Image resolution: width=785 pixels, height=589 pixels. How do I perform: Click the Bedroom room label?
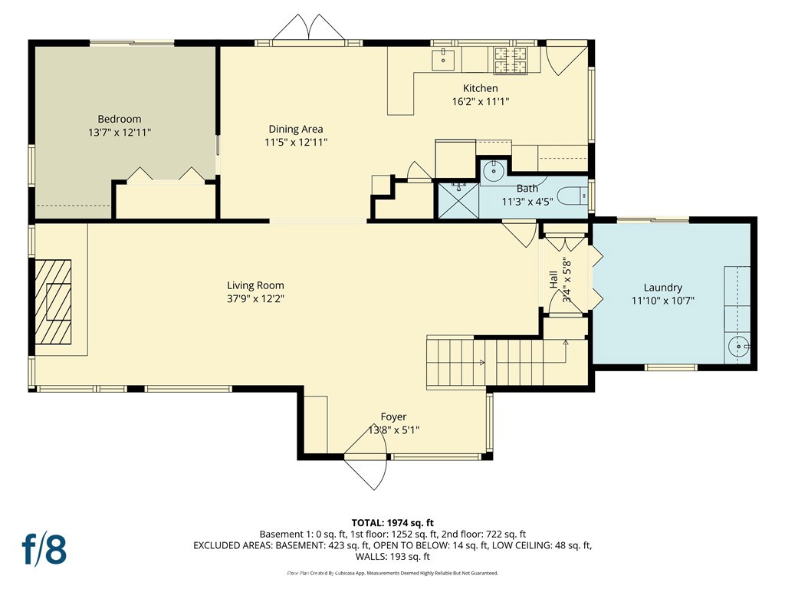[x=119, y=119]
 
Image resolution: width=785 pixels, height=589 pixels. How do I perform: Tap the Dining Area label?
[x=296, y=129]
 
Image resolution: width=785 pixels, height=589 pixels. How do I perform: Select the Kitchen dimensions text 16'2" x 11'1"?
[x=481, y=102]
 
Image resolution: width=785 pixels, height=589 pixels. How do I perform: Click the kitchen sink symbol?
[x=443, y=60]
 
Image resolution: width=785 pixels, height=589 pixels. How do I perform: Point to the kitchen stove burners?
[x=511, y=61]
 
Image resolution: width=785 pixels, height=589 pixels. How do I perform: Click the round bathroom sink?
[x=493, y=171]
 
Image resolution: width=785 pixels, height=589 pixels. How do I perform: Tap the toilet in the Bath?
[x=573, y=196]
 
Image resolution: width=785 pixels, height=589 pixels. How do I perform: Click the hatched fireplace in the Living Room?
[x=53, y=302]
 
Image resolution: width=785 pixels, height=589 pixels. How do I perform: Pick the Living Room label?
[x=255, y=285]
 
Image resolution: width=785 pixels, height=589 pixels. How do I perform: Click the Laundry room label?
[x=663, y=288]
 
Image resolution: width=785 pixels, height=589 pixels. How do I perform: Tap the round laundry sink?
[x=738, y=346]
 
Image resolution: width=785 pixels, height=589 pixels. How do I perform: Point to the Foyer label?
[x=393, y=416]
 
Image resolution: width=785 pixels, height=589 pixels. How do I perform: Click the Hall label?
[x=553, y=279]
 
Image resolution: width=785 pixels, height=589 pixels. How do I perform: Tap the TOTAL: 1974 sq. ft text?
[x=392, y=523]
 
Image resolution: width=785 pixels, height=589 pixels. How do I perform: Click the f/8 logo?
[x=44, y=549]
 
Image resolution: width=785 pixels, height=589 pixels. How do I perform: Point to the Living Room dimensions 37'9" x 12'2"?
[x=255, y=299]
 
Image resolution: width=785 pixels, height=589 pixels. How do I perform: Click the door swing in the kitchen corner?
[x=566, y=60]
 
